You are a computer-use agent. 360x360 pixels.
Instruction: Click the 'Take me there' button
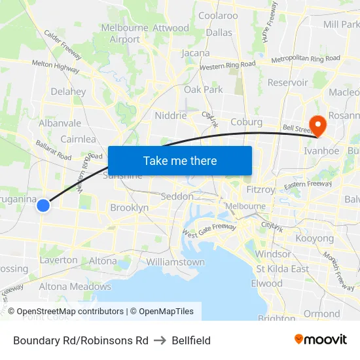point(180,160)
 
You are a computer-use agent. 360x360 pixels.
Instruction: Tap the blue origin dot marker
point(43,206)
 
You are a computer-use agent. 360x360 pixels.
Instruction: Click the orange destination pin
point(318,125)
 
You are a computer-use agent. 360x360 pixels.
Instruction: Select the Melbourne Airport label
point(125,33)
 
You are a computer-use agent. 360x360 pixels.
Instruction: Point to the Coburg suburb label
point(246,122)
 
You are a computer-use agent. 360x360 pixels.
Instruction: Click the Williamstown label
point(175,262)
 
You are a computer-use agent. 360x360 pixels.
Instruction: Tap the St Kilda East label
point(283,269)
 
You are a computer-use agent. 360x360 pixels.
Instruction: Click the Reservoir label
point(287,82)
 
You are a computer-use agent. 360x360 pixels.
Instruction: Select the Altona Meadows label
point(75,286)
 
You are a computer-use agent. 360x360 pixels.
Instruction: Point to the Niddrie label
point(171,115)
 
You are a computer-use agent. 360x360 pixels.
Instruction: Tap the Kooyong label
point(315,238)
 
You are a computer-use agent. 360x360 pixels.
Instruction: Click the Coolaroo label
point(218,16)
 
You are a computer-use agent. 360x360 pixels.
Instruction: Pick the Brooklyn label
point(130,207)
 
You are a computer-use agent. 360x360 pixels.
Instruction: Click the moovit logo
point(321,340)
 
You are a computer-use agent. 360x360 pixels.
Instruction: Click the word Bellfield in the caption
point(191,340)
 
